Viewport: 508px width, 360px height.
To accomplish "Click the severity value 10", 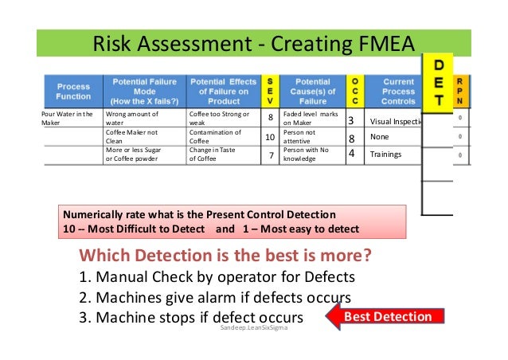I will point(270,138).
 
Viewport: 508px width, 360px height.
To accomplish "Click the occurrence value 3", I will point(351,121).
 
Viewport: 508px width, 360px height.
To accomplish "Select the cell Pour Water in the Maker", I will point(67,119).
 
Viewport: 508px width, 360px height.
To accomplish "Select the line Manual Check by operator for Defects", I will point(217,277).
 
